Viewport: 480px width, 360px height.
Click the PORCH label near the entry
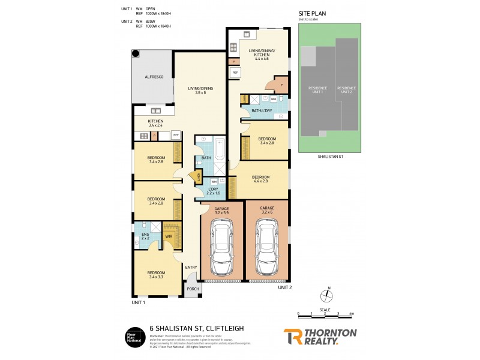(192, 289)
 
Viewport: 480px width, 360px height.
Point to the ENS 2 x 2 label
(145, 235)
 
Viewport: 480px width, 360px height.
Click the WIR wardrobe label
(169, 237)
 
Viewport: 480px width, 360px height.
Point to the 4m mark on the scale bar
(352, 313)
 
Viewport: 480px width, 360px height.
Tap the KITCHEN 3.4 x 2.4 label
(156, 124)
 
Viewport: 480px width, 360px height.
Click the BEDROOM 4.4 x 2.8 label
(260, 179)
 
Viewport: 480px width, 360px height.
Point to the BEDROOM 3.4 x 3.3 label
(156, 275)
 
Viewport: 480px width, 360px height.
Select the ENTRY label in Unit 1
(191, 268)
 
